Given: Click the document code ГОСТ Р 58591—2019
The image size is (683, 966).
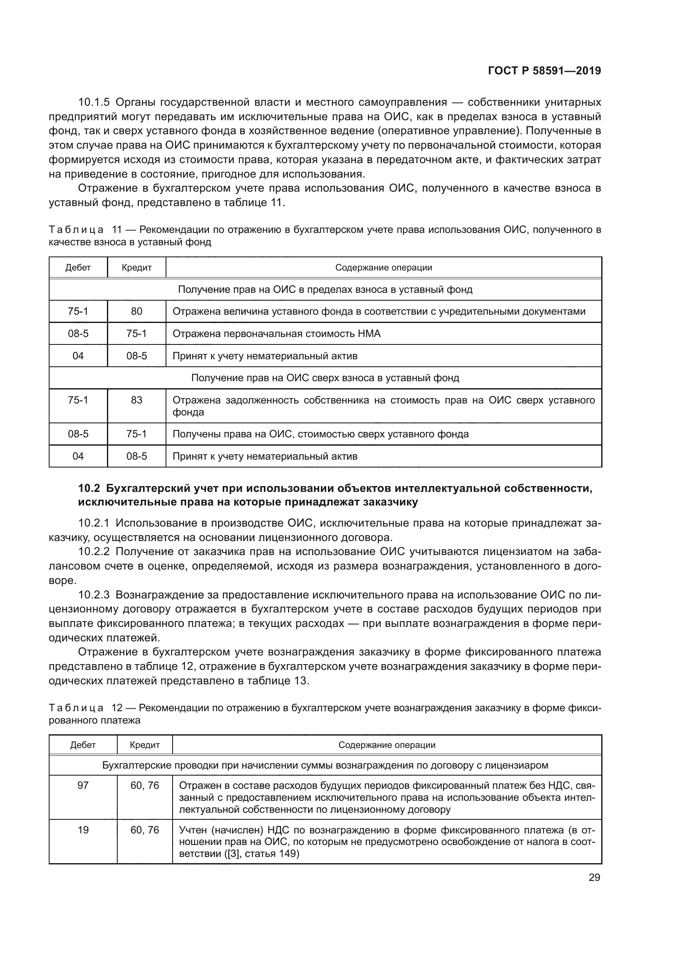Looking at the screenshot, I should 544,71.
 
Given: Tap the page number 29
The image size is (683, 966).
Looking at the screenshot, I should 594,877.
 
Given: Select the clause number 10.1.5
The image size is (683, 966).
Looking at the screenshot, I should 94,102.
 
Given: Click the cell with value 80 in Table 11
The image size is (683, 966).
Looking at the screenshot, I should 137,311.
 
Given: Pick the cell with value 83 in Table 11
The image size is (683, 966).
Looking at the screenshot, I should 137,400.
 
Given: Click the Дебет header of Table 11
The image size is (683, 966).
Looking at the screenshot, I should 78,268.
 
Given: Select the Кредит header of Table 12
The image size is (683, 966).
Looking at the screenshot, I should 145,745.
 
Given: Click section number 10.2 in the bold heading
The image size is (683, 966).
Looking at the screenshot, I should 89,488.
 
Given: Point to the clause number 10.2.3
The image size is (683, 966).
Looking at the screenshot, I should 94,595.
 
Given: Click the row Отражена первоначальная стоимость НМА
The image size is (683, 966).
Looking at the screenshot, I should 276,334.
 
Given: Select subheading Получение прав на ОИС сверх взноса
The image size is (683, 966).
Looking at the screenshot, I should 325,378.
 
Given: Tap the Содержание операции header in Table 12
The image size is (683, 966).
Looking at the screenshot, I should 387,745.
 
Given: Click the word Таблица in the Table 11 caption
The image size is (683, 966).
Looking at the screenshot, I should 76,230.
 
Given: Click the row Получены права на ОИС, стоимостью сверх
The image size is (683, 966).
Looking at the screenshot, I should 320,434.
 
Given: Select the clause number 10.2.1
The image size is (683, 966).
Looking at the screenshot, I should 94,523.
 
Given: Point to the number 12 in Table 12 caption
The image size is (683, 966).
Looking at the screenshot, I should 117,708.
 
